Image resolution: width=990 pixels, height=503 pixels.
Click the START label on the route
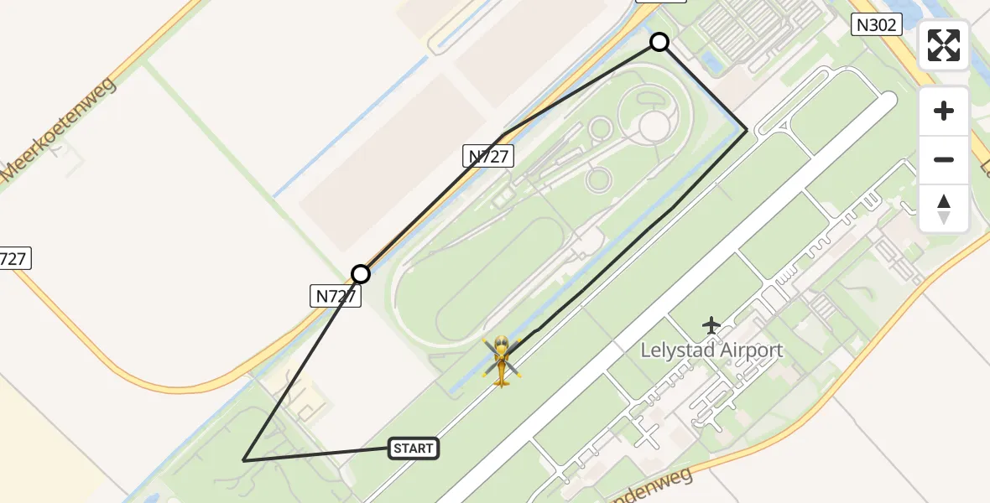(x=414, y=449)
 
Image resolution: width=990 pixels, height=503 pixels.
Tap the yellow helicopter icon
(x=502, y=361)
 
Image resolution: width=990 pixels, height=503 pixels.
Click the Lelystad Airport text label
(x=711, y=350)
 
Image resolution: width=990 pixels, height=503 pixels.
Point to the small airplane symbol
(x=711, y=324)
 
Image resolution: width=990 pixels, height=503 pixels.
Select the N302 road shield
(x=876, y=25)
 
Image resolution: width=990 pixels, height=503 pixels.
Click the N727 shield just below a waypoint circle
(x=336, y=296)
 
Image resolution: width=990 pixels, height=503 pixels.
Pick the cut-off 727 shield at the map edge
(x=14, y=259)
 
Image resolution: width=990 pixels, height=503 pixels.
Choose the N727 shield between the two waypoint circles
(x=487, y=155)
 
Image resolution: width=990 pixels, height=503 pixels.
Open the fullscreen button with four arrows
(x=944, y=45)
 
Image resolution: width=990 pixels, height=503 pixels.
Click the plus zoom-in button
(x=944, y=111)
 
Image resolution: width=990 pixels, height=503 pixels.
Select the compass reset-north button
(x=944, y=208)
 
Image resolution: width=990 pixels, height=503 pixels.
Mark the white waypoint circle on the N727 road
(x=361, y=274)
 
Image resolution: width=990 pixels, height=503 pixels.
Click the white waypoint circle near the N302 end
(x=659, y=42)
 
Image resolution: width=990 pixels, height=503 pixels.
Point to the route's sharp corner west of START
(x=243, y=460)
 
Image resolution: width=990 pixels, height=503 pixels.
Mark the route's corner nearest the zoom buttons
(x=747, y=131)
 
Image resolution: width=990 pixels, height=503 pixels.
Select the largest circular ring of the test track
(x=654, y=126)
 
